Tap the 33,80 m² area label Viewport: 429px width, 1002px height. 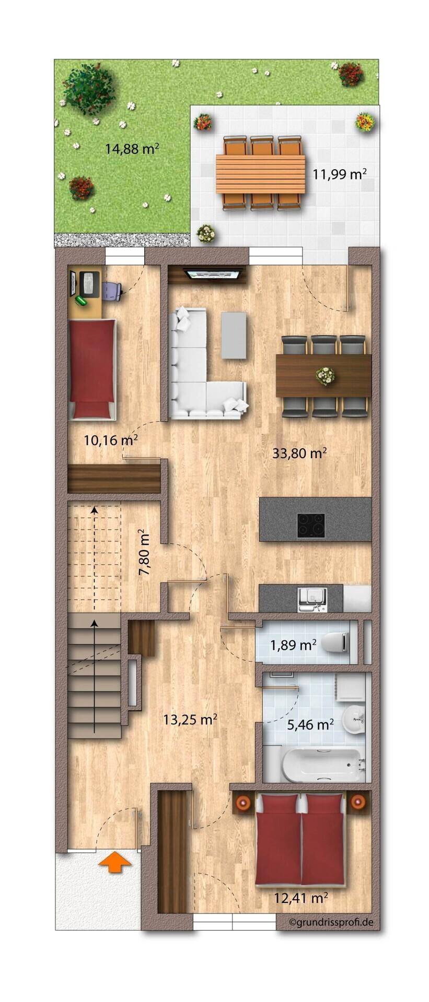[299, 453]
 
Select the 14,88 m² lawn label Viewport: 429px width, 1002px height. [132, 149]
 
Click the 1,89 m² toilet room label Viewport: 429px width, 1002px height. [293, 645]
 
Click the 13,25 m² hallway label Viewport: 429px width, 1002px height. [190, 720]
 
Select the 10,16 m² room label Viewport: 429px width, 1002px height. [111, 440]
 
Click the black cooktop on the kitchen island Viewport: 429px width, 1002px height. [310, 525]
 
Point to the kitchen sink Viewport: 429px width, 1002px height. [312, 598]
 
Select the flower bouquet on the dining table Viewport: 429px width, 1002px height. [325, 375]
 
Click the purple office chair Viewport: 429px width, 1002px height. [111, 290]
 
